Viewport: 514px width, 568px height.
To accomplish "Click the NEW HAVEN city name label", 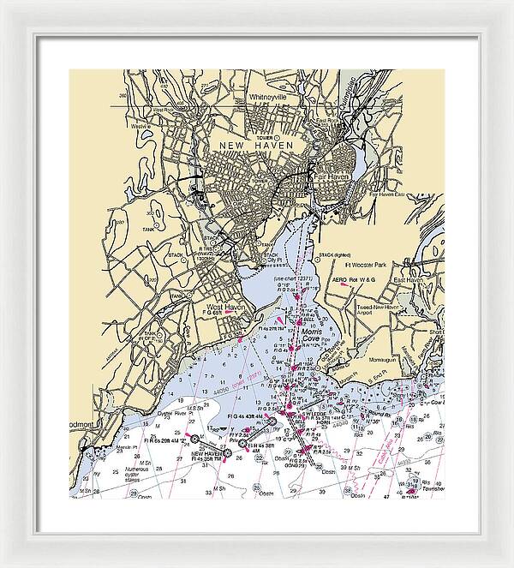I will tap(256, 146).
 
